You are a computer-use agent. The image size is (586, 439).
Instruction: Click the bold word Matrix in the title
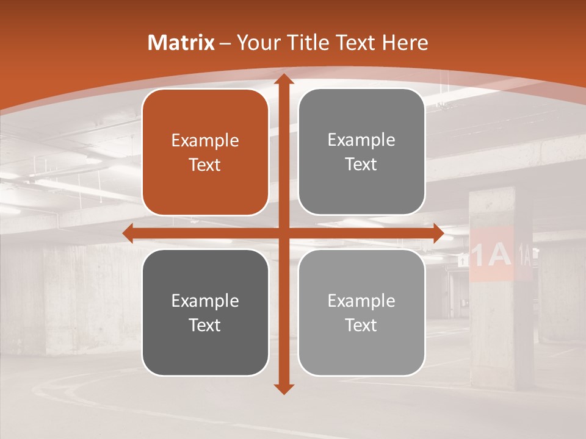coord(181,43)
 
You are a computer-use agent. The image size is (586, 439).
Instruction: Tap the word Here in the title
coord(405,43)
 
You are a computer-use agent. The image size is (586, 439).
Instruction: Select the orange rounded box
coord(205,152)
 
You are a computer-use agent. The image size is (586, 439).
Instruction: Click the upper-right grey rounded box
coord(361,152)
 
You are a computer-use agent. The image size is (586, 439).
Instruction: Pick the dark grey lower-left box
coord(205,312)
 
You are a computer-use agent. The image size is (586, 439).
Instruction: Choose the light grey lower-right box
coord(361,312)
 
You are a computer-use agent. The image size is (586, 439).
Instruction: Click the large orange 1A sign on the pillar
coord(491,255)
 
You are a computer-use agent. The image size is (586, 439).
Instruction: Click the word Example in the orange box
coord(205,141)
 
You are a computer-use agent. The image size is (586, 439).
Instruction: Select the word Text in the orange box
coord(205,165)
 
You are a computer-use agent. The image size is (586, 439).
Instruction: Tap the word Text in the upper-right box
coord(361,164)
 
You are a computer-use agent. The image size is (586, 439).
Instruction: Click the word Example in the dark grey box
coord(205,301)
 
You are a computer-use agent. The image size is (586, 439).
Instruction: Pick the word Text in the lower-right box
coord(361,325)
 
